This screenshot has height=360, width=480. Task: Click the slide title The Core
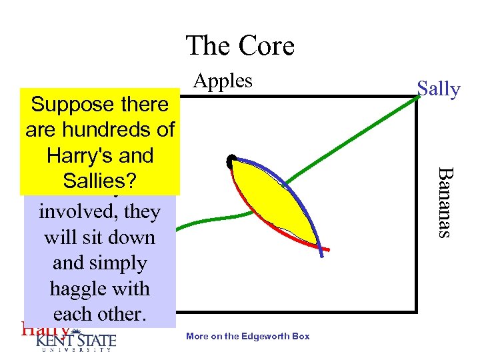click(240, 46)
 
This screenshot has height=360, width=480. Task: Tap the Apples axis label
click(223, 81)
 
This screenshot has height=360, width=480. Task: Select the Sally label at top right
click(438, 89)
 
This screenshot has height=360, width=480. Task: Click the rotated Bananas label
click(445, 201)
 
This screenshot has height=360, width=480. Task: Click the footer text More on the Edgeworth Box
click(247, 336)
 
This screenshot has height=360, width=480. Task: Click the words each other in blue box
click(99, 314)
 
